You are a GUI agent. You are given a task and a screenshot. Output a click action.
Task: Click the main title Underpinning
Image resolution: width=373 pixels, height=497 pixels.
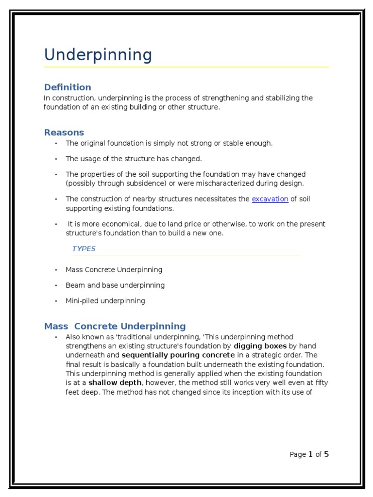pyautogui.click(x=98, y=55)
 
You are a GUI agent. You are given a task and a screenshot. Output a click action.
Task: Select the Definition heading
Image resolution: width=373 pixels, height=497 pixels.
pyautogui.click(x=68, y=87)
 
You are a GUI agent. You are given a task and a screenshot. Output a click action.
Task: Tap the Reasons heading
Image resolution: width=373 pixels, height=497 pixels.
pyautogui.click(x=64, y=133)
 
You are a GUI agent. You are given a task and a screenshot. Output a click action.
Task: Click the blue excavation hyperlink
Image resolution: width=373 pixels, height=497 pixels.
pyautogui.click(x=270, y=199)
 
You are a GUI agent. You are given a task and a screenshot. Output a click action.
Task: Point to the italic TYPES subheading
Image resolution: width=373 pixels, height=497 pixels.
pyautogui.click(x=84, y=248)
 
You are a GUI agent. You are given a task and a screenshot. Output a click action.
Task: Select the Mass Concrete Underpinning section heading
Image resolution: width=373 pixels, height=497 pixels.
pyautogui.click(x=115, y=326)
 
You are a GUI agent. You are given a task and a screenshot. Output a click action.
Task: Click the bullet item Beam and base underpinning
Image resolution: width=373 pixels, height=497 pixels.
pyautogui.click(x=115, y=285)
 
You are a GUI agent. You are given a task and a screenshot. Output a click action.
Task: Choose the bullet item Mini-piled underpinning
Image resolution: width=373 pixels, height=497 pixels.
pyautogui.click(x=105, y=301)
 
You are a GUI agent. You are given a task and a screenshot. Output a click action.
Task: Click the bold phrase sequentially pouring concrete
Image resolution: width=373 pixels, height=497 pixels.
pyautogui.click(x=178, y=355)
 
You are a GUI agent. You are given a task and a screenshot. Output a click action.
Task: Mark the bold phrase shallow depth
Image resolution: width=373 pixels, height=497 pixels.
pyautogui.click(x=115, y=383)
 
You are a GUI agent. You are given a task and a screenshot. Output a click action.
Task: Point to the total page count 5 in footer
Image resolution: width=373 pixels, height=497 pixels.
pyautogui.click(x=326, y=455)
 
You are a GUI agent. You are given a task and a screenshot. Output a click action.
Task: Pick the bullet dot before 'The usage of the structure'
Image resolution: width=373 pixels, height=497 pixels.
pyautogui.click(x=56, y=159)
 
